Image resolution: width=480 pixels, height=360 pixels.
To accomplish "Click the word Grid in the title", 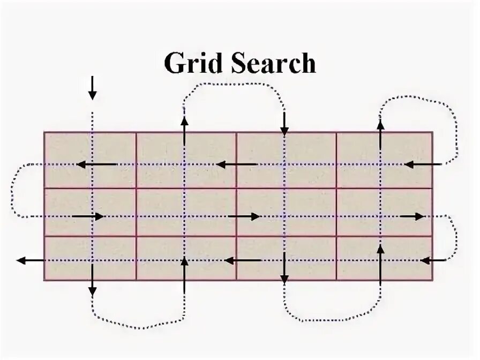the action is pyautogui.click(x=190, y=63).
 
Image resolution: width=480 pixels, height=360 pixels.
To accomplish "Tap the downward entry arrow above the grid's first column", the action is pyautogui.click(x=93, y=88).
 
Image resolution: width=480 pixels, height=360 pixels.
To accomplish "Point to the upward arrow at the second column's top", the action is pyautogui.click(x=184, y=131).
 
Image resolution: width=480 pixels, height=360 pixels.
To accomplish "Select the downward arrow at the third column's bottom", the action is pyautogui.click(x=284, y=269).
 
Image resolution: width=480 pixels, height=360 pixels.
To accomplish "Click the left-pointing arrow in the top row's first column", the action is pyautogui.click(x=96, y=164).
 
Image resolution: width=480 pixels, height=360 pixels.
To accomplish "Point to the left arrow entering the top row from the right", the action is pyautogui.click(x=423, y=164).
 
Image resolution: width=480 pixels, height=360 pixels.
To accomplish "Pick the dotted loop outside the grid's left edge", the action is pyautogui.click(x=13, y=190).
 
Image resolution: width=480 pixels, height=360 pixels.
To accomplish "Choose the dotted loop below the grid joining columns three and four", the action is pyautogui.click(x=332, y=319).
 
